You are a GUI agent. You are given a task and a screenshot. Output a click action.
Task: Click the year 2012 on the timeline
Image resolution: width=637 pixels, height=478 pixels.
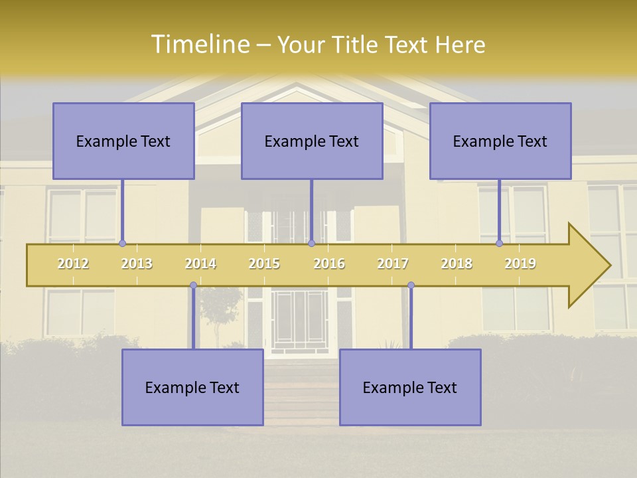[73, 264]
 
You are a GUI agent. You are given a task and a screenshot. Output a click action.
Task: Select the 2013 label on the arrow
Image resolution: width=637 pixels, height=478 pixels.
[137, 264]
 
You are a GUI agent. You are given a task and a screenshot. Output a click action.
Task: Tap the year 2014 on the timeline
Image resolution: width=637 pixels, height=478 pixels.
[200, 264]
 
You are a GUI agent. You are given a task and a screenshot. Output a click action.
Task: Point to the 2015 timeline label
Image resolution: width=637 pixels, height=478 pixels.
[264, 264]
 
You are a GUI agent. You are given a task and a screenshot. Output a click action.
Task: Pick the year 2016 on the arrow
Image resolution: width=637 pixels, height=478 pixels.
[329, 264]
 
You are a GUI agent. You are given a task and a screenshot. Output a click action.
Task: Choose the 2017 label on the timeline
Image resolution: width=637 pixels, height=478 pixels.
[393, 264]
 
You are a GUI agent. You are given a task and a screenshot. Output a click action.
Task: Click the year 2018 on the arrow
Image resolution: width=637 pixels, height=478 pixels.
[457, 264]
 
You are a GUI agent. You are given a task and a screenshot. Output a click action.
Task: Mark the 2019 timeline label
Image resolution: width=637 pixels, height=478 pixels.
[520, 264]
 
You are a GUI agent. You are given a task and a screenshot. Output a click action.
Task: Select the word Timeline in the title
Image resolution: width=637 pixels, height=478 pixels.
[199, 44]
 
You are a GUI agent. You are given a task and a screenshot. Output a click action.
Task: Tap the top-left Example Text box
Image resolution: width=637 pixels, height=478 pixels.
[123, 141]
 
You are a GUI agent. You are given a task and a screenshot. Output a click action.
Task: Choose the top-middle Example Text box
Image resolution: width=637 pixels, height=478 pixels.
[312, 141]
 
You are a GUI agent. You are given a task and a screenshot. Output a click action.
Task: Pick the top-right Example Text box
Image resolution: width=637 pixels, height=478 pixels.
[500, 141]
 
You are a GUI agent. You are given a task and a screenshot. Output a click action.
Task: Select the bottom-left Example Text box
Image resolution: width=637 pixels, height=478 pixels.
[192, 387]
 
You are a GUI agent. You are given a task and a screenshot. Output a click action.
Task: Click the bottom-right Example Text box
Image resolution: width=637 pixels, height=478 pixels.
[410, 387]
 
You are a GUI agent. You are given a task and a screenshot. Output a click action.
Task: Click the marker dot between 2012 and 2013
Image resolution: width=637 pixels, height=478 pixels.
[123, 244]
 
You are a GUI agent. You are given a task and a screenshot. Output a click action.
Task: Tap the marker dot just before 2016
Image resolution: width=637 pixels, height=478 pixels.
[311, 244]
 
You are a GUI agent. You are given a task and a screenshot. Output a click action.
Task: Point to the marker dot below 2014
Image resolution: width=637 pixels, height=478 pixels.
[193, 285]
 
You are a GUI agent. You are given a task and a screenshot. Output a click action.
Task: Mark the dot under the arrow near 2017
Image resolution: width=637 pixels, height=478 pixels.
[411, 285]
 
